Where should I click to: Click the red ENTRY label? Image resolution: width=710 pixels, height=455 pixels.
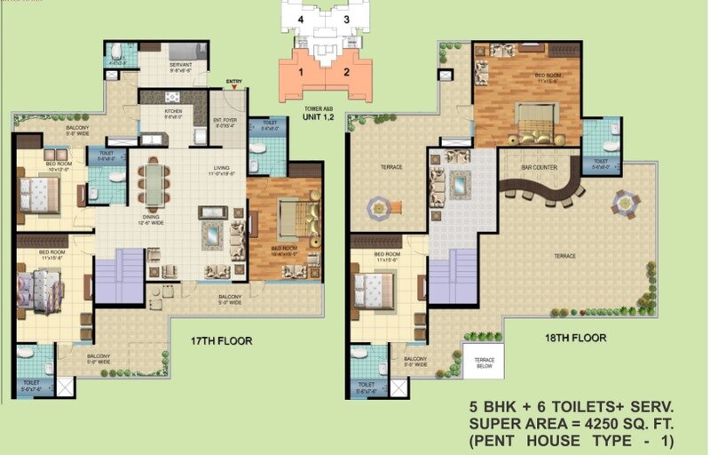coord(234,81)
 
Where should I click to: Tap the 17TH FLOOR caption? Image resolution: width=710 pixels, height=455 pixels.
coord(222,340)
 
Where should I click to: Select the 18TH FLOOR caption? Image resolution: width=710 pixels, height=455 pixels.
coord(576,338)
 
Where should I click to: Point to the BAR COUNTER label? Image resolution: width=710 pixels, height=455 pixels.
coord(539,167)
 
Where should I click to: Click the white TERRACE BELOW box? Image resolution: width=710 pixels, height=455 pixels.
coord(483,361)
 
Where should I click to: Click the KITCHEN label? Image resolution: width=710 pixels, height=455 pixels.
coord(172,112)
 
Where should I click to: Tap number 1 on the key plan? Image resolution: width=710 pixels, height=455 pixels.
coord(301,72)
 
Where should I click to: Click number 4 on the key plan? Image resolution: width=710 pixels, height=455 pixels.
coord(301,20)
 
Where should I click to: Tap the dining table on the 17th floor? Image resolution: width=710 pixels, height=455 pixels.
coord(154,184)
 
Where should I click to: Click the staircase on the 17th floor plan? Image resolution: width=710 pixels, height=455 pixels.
coord(119,275)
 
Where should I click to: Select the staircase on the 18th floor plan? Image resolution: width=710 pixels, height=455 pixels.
coord(452,275)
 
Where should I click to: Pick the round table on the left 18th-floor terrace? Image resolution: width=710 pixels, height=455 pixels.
coord(379,207)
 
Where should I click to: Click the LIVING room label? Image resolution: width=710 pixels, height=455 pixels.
coord(221,168)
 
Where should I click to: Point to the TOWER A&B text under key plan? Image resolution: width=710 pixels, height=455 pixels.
coord(324,108)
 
